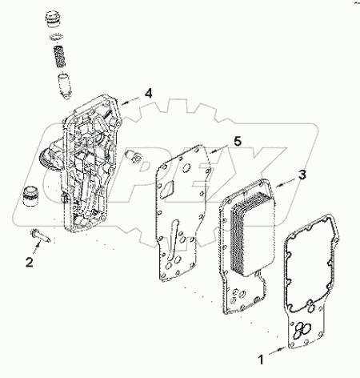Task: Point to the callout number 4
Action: [148, 94]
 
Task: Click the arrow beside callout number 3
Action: [286, 181]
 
